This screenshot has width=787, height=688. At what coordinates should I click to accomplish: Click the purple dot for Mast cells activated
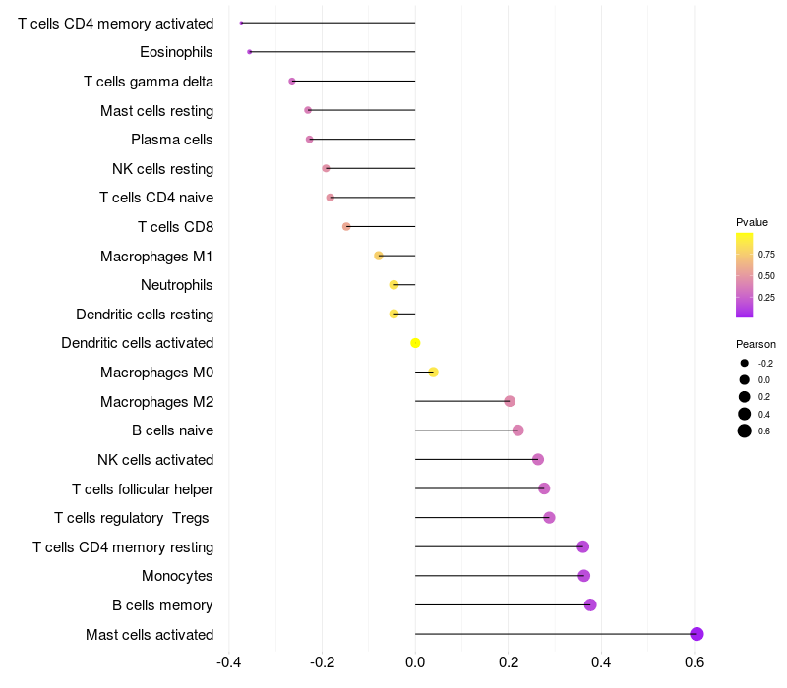click(x=696, y=634)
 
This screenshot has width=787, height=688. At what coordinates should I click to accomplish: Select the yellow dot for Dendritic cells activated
click(x=415, y=343)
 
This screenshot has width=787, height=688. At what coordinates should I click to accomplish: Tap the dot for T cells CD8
click(x=346, y=227)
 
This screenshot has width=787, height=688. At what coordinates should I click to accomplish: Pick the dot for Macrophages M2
click(x=510, y=401)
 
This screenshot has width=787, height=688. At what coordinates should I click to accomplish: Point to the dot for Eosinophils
click(x=250, y=52)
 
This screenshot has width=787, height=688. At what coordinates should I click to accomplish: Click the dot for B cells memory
click(x=590, y=604)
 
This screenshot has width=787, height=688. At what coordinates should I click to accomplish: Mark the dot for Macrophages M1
click(x=379, y=256)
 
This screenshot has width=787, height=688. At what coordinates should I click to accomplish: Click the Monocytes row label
click(x=177, y=576)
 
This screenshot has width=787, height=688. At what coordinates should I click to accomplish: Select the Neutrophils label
click(x=177, y=285)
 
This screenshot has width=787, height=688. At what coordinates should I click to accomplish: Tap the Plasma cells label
click(x=171, y=140)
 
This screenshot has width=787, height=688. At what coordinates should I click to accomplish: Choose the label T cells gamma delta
click(x=149, y=82)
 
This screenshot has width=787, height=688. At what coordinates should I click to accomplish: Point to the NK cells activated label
click(x=155, y=460)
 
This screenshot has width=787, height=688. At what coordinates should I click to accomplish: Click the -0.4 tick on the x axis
click(x=229, y=662)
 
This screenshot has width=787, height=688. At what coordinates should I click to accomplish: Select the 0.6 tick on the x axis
click(x=695, y=662)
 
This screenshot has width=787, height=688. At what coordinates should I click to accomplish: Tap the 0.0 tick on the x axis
click(x=415, y=662)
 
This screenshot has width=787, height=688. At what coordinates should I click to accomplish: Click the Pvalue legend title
click(x=752, y=222)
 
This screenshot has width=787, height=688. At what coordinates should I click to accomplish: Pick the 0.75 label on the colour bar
click(x=766, y=255)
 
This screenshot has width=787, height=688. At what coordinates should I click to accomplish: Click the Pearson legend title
click(x=756, y=344)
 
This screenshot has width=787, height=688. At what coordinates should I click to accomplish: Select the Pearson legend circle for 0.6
click(x=745, y=430)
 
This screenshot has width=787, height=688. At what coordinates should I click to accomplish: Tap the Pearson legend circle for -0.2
click(x=745, y=363)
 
